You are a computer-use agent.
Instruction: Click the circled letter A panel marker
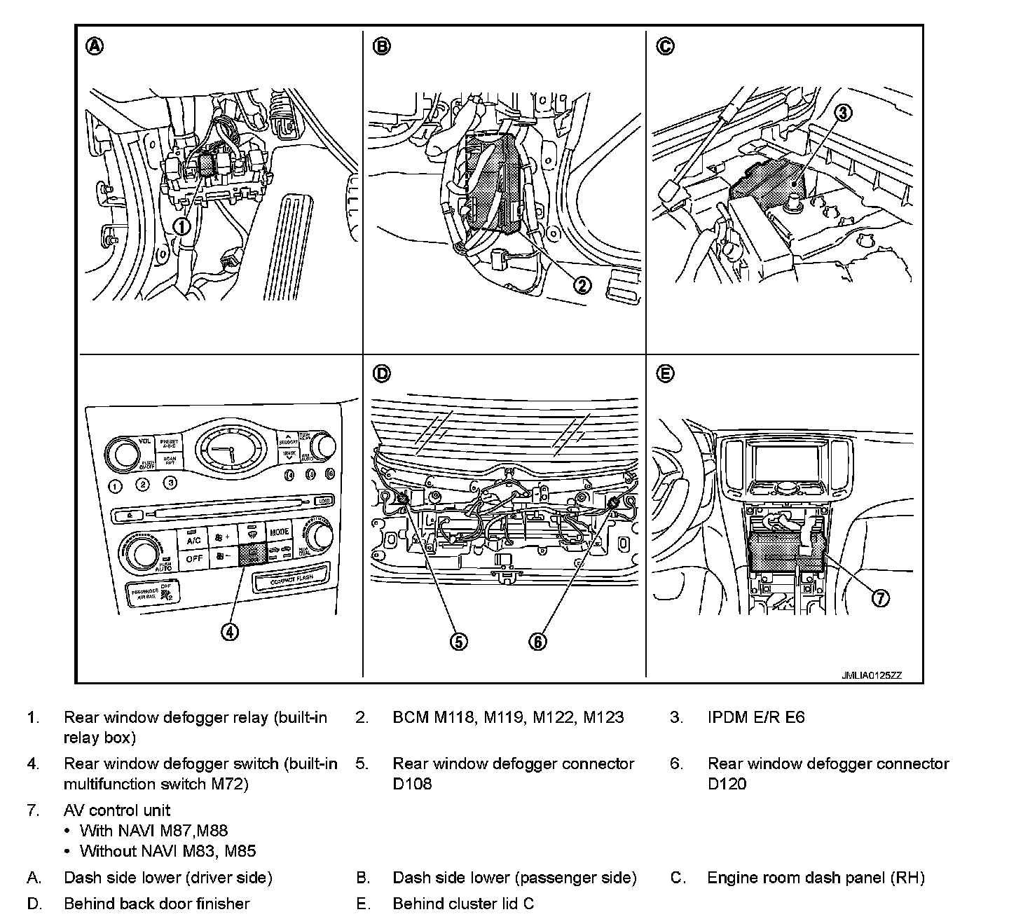pyautogui.click(x=95, y=46)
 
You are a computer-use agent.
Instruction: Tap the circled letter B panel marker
pyautogui.click(x=381, y=46)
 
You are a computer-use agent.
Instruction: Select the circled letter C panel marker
pyautogui.click(x=665, y=46)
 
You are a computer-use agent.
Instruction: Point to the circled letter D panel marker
pyautogui.click(x=381, y=374)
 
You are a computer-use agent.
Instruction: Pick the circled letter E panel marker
pyautogui.click(x=665, y=374)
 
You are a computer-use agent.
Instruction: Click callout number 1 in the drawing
pyautogui.click(x=181, y=226)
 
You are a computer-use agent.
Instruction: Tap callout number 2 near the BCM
pyautogui.click(x=583, y=285)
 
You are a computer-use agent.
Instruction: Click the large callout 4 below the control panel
pyautogui.click(x=230, y=632)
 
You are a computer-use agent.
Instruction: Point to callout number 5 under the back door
pyautogui.click(x=458, y=642)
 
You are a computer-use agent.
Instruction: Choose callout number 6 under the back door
pyautogui.click(x=537, y=642)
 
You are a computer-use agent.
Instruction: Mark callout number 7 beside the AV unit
pyautogui.click(x=881, y=597)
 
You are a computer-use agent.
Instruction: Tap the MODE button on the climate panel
pyautogui.click(x=280, y=532)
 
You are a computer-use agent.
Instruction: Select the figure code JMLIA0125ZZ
pyautogui.click(x=872, y=676)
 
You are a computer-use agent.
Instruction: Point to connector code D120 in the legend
pyautogui.click(x=727, y=783)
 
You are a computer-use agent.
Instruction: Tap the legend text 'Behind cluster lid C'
pyautogui.click(x=463, y=904)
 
